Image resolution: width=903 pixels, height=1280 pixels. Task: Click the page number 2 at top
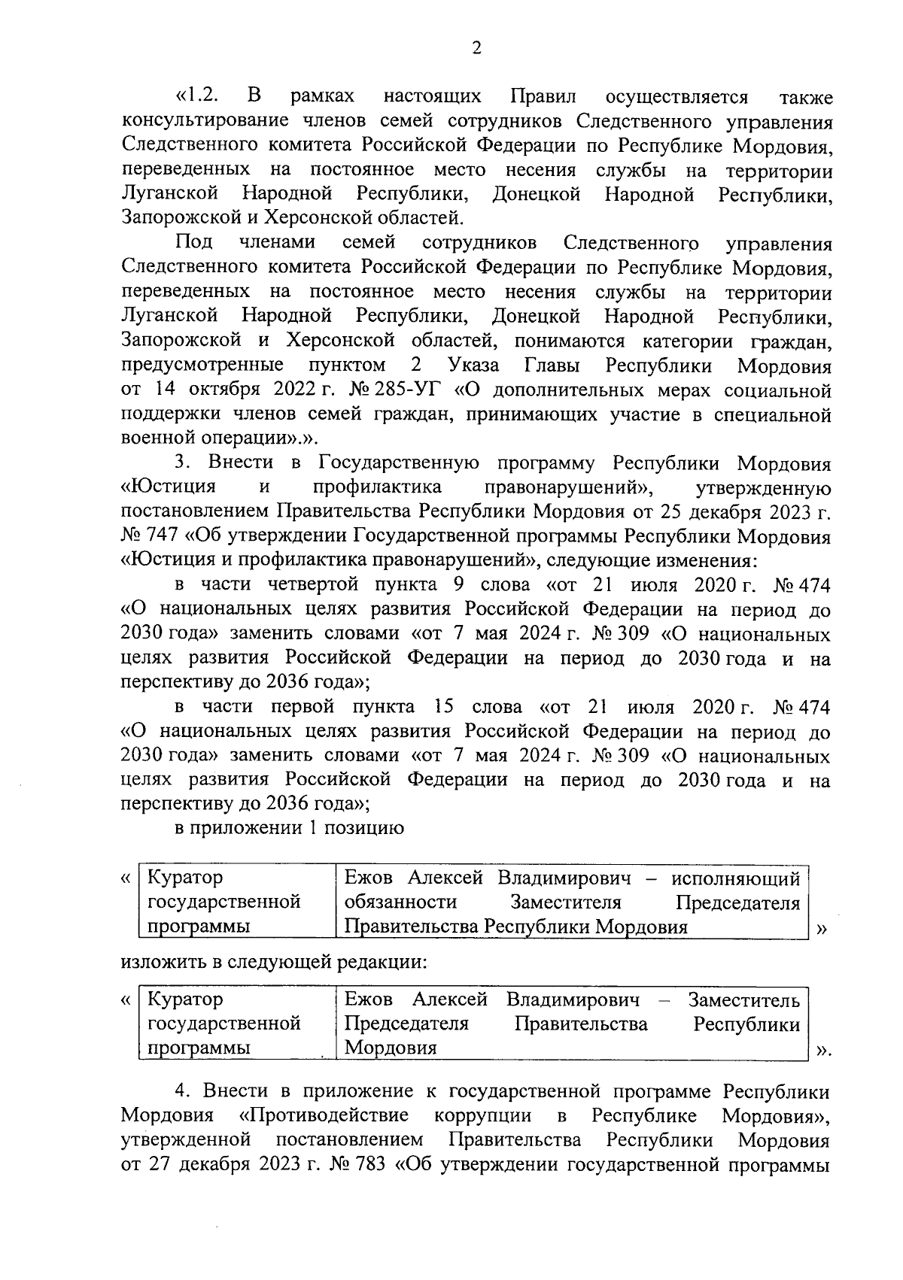coord(475,49)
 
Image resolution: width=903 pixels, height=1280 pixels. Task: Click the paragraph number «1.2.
coord(197,98)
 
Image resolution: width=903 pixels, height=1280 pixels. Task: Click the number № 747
coord(147,538)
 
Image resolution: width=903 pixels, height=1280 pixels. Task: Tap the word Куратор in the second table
coord(185,1000)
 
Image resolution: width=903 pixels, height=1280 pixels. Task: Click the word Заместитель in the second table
coord(743,1000)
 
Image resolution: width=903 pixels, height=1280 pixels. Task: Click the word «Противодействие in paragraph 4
coord(324,1115)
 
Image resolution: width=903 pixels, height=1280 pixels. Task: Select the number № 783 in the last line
coord(358,1164)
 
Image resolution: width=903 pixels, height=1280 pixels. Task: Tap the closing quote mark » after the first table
coord(821,929)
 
